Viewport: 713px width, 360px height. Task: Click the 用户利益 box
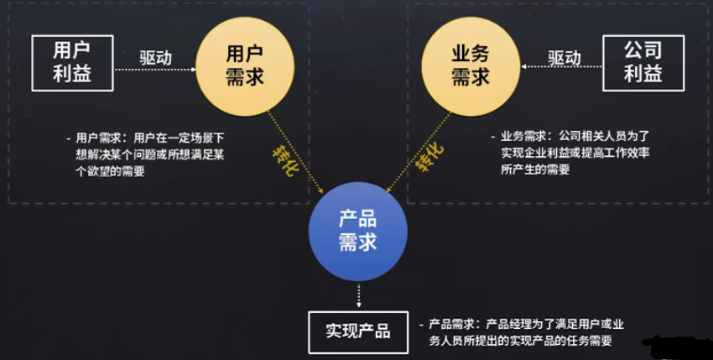pos(72,63)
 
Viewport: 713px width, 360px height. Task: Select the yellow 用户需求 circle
pos(244,65)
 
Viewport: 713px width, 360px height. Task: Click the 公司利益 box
pos(643,63)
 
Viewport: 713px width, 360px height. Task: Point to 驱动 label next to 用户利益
pos(156,58)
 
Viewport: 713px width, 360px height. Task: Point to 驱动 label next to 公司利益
pos(564,58)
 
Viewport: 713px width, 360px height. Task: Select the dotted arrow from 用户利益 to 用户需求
pos(156,72)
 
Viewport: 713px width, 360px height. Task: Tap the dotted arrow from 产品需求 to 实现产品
pos(358,292)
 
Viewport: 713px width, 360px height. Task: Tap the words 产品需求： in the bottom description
pos(456,324)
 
